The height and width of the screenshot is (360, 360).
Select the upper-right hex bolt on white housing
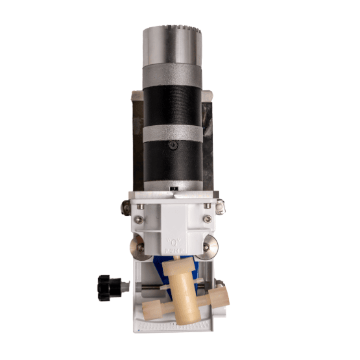[207, 206]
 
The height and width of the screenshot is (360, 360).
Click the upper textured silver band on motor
[173, 72]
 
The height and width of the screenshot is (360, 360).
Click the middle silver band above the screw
[173, 134]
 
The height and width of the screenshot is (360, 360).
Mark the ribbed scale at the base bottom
[195, 321]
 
